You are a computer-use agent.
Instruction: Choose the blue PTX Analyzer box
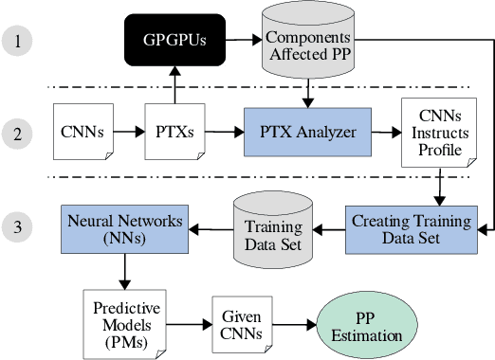pos(307,132)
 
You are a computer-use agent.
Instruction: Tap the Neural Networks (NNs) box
pos(125,227)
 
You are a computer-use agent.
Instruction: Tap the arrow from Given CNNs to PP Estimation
pos(295,327)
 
